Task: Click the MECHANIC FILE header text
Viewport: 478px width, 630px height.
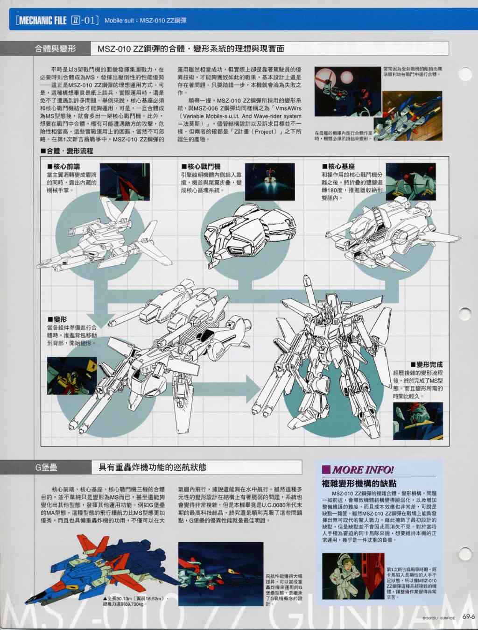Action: [41, 21]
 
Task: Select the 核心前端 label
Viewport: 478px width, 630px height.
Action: [63, 166]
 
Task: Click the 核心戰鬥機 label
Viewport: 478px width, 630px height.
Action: [201, 166]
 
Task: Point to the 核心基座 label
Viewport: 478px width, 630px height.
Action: [338, 166]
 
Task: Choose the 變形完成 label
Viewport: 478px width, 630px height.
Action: [426, 365]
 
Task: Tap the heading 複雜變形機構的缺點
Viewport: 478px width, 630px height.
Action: [359, 484]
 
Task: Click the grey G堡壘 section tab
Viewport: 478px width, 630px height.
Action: [46, 467]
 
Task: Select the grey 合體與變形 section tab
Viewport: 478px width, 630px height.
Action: [45, 49]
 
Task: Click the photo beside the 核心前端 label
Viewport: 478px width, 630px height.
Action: [125, 182]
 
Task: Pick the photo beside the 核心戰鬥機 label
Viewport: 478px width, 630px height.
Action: [270, 182]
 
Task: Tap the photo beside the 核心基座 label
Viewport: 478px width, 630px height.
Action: [411, 182]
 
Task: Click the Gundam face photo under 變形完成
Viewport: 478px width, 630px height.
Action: [418, 421]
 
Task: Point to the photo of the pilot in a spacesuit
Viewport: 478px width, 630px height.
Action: [353, 576]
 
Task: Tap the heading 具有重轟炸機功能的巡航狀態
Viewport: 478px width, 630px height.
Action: [152, 467]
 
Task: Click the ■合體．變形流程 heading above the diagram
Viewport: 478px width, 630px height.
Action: [67, 151]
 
